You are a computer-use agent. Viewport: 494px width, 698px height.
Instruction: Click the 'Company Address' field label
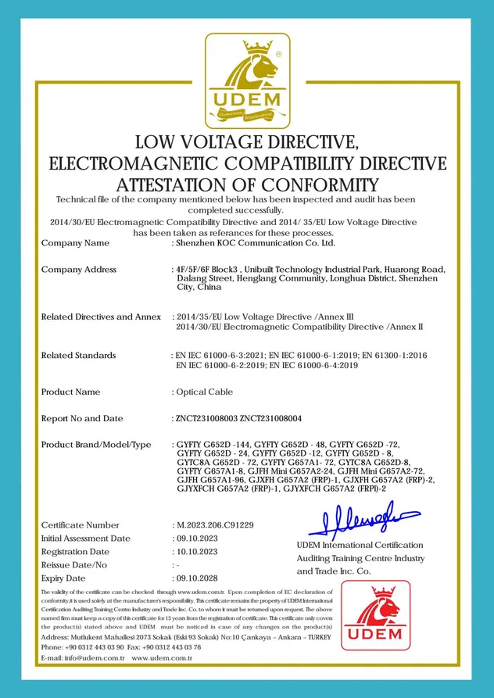pyautogui.click(x=78, y=270)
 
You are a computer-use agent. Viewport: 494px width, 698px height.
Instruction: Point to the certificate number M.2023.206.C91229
pyautogui.click(x=214, y=525)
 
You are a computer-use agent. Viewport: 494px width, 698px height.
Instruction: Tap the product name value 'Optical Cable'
pyautogui.click(x=202, y=392)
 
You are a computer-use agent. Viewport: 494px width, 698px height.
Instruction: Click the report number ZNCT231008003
pyautogui.click(x=206, y=419)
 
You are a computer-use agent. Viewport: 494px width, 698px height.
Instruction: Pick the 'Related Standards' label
pyautogui.click(x=78, y=356)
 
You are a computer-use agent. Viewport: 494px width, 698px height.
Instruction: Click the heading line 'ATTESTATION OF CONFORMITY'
pyautogui.click(x=247, y=185)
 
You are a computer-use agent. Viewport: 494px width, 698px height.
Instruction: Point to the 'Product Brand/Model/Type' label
pyautogui.click(x=96, y=445)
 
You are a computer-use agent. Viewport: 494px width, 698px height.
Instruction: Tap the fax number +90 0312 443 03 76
pyautogui.click(x=172, y=647)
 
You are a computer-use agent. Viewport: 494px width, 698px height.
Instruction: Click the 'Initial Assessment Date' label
pyautogui.click(x=85, y=539)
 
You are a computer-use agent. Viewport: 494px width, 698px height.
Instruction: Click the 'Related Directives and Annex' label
pyautogui.click(x=101, y=317)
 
